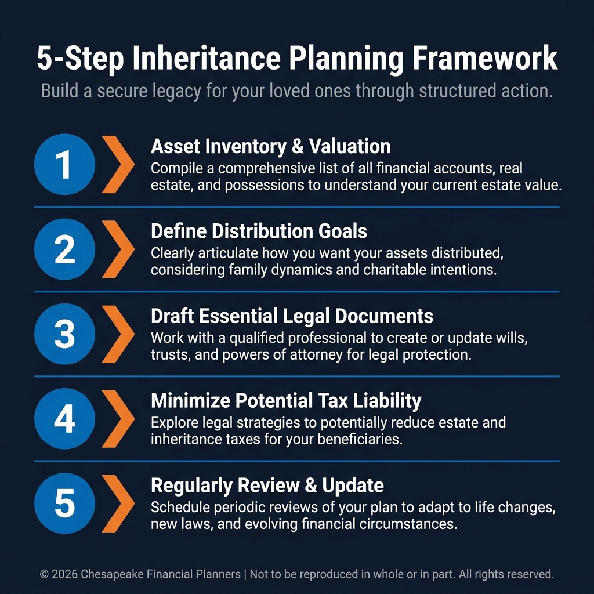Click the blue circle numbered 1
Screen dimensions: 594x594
(64, 164)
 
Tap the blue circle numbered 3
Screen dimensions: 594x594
(64, 334)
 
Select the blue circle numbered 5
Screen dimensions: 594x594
(64, 503)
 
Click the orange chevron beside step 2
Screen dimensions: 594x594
(118, 249)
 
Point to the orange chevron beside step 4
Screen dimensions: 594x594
(118, 419)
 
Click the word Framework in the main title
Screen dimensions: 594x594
(484, 58)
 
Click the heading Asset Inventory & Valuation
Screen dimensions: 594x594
(270, 146)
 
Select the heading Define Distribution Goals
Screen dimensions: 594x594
(259, 231)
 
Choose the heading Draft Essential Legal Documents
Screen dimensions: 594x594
(292, 316)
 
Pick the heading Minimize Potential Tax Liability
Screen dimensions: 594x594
(286, 401)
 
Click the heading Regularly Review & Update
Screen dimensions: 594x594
(267, 486)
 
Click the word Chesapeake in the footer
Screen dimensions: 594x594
(111, 574)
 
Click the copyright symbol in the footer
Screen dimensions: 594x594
(44, 574)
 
